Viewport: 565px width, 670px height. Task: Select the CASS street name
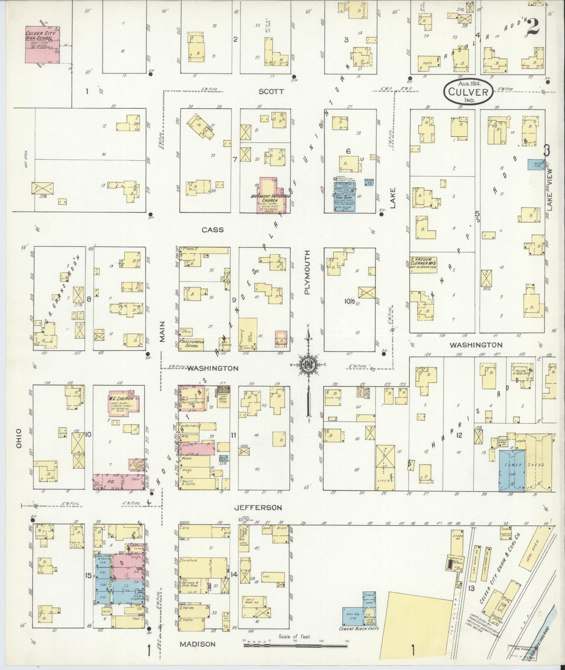tap(213, 230)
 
